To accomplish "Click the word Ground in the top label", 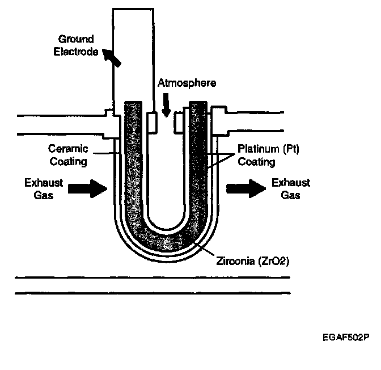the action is (x=76, y=39).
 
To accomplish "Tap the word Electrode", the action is (x=76, y=52).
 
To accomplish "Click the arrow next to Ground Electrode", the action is (x=111, y=58).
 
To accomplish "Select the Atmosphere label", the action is (x=187, y=83).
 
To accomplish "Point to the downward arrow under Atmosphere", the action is (x=167, y=105).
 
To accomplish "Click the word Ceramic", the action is (x=68, y=149).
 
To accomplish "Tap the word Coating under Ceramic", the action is (x=68, y=162).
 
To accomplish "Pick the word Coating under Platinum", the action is (x=256, y=162).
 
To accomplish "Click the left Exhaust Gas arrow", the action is (x=87, y=188).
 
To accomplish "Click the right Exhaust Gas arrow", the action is (x=246, y=188).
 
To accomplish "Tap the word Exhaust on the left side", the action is (x=44, y=183).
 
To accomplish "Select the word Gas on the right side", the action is (x=291, y=195).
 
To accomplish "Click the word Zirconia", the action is (x=235, y=261).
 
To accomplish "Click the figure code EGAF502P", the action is (x=346, y=338).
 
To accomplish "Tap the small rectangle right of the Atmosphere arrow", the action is (x=178, y=123).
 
